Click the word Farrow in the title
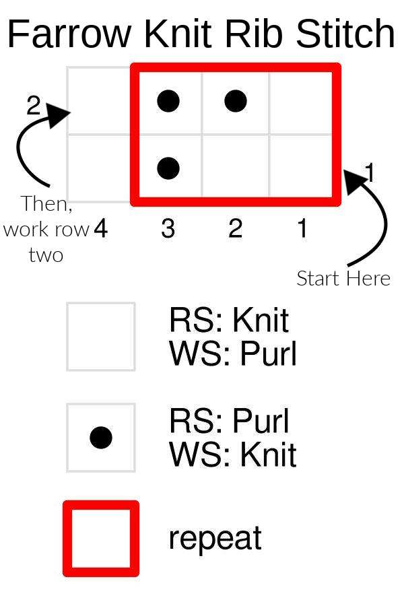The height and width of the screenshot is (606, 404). coord(70,34)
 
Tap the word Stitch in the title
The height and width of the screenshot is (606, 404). coord(345,34)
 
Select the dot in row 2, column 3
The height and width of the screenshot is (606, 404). coord(168,102)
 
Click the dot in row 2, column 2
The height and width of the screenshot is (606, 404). coord(235,102)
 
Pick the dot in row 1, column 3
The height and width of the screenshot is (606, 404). coord(168,168)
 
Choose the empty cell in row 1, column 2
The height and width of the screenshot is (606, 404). coord(235,168)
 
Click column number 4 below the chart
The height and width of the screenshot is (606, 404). coord(100,230)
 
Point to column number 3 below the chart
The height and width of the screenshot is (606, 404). coord(168,230)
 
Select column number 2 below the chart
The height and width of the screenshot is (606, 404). coord(235,230)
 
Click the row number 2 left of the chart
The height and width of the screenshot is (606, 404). coord(34,106)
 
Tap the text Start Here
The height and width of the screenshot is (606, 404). coord(343,278)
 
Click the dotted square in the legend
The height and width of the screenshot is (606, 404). coord(101,438)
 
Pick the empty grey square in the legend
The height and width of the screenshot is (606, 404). coord(101,337)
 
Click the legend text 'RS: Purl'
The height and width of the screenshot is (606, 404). coord(229,422)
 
